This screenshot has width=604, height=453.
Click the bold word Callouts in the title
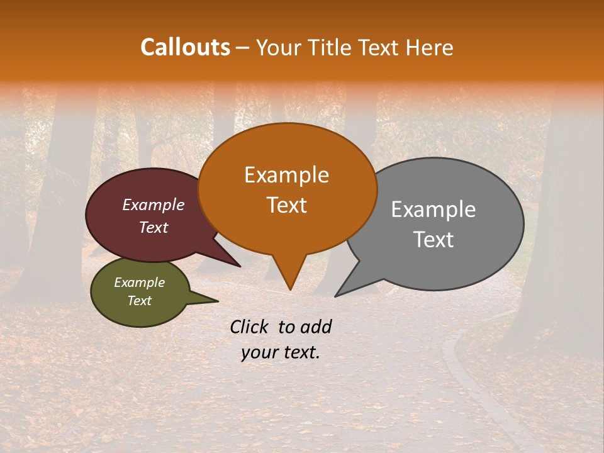coord(185,47)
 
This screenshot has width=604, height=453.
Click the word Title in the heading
coord(330,47)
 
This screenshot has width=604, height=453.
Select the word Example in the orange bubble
coord(286,175)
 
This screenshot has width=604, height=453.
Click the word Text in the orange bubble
coord(286,205)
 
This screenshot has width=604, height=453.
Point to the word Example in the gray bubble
coord(433,210)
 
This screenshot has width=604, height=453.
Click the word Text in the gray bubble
coord(434,240)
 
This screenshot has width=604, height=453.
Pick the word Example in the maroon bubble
coord(153,204)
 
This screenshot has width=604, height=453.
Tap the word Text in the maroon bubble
coord(153,227)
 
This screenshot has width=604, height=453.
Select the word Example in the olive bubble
coord(139,282)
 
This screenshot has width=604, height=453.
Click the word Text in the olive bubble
coord(139,301)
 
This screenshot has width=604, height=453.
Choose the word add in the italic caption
coord(316,327)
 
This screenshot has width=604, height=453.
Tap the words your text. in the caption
coord(281,352)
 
